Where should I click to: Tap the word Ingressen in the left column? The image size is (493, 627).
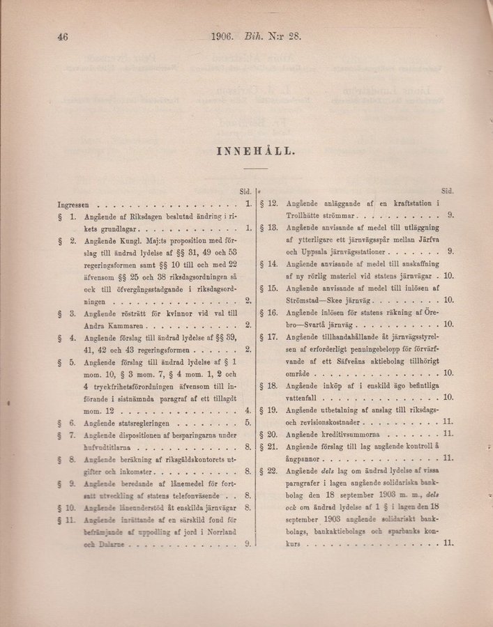73,205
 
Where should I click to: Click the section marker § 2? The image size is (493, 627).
67,241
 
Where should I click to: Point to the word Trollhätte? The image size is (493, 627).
306,215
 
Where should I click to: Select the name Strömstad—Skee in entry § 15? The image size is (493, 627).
316,300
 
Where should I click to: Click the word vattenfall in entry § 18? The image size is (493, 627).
304,397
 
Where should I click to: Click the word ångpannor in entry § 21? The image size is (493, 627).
305,458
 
